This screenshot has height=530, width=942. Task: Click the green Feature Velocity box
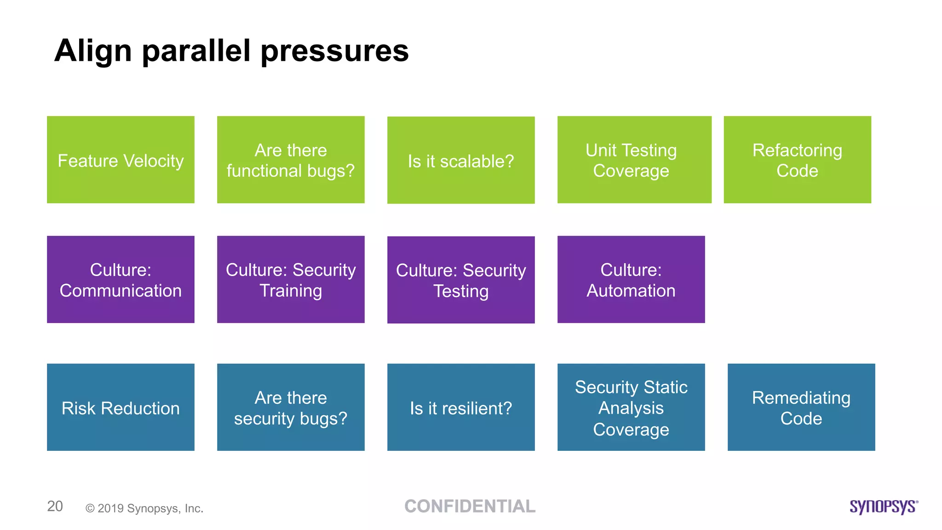121,160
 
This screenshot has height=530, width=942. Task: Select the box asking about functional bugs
291,160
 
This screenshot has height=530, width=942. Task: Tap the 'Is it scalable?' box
461,160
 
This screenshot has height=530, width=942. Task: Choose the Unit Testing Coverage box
634,160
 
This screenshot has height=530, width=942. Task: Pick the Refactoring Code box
797,160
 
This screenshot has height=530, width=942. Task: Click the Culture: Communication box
121,279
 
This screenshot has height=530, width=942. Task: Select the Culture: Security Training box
291,279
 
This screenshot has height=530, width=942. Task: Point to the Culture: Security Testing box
461,280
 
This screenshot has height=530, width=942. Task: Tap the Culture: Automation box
631,279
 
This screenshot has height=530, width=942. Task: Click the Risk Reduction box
121,407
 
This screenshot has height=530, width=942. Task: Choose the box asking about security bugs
291,407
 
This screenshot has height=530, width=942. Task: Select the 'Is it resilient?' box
461,407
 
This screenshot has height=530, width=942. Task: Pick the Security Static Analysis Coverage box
631,407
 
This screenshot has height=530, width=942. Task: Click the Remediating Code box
801,407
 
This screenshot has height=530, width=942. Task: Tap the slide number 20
55,506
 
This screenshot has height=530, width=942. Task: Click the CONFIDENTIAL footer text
470,506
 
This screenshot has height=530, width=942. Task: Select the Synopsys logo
883,507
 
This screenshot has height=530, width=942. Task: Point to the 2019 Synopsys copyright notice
144,508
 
